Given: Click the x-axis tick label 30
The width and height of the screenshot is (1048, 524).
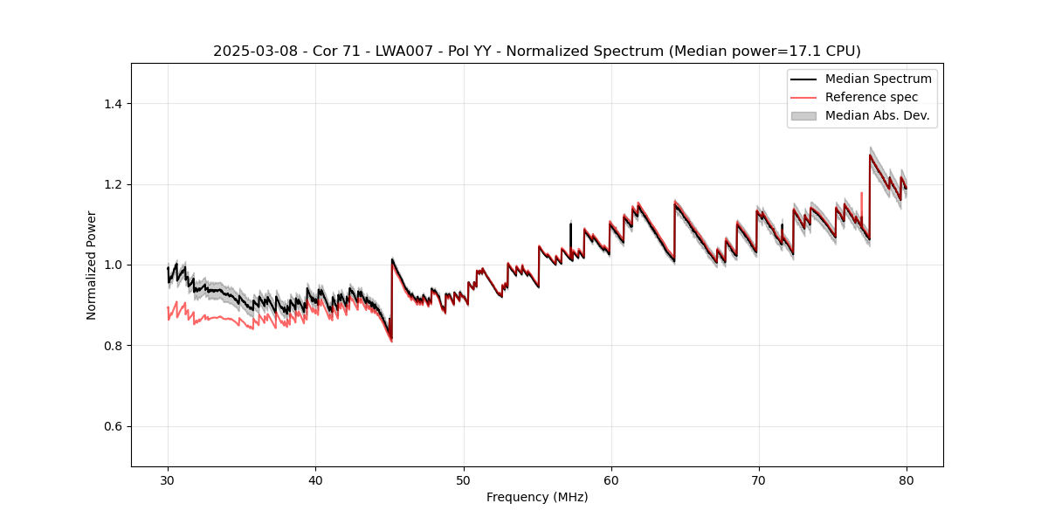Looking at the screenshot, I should (x=168, y=479).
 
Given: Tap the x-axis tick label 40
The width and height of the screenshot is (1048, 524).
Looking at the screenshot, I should (x=315, y=479).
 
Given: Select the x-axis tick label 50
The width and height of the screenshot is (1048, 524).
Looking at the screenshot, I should (x=463, y=479).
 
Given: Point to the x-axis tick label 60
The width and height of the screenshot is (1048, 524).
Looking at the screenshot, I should (x=611, y=479).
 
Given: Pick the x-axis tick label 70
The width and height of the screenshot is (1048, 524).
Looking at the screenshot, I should (x=759, y=479).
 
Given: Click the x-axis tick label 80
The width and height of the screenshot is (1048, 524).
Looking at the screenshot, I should (x=907, y=479).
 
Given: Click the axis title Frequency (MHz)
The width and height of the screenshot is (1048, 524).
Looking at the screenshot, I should (x=537, y=497).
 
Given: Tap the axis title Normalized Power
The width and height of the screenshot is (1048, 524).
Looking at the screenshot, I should (x=92, y=265).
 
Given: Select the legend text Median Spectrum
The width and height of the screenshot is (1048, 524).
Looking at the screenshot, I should (x=878, y=79).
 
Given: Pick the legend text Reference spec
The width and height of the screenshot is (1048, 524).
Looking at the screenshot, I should (x=872, y=97).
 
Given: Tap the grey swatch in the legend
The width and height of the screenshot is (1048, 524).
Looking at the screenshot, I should (x=803, y=115).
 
